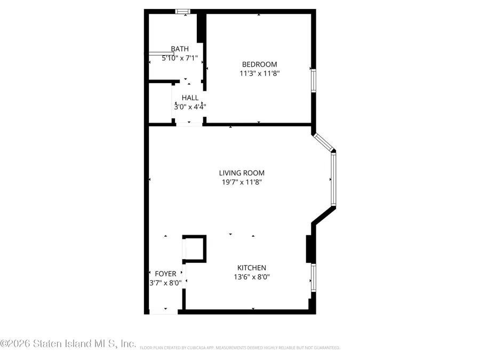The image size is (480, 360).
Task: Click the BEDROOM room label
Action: click(259, 65)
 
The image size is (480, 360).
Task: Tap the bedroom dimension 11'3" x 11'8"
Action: click(259, 74)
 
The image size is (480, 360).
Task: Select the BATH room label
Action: click(180, 49)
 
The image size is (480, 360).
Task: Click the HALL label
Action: click(190, 98)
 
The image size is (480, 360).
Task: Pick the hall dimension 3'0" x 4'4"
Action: click(190, 107)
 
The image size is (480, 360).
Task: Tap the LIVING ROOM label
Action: click(242, 173)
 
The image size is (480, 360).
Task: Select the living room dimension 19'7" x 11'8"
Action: click(242, 182)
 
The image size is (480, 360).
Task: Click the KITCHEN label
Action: click(252, 268)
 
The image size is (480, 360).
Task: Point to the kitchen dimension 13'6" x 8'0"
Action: click(252, 277)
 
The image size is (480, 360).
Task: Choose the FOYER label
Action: click(165, 274)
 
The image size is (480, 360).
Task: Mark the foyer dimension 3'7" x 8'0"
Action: click(165, 283)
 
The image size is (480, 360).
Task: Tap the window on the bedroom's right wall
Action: click(314, 81)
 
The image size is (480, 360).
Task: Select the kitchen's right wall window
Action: click(314, 277)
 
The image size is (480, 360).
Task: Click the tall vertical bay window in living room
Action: click(333, 179)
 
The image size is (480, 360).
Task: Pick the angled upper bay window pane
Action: click(323, 142)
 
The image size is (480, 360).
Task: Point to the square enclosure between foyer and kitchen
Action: click(194, 249)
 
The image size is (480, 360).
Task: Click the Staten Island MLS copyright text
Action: click(68, 344)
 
